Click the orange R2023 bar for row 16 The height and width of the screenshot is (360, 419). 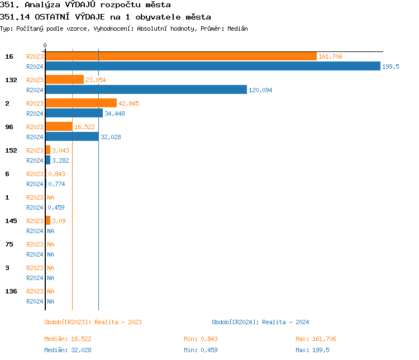pos(180,56)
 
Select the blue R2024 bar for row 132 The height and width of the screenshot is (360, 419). pos(146,89)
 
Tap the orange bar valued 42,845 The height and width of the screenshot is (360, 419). pos(81,103)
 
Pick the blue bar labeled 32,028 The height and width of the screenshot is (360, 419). pos(72,136)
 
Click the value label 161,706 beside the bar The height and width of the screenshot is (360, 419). pos(330,56)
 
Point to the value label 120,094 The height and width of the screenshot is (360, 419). pos(260,90)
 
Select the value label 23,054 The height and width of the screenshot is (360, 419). pos(96,80)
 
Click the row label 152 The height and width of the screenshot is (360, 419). pos(11,150)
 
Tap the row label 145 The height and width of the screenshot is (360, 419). pos(11,221)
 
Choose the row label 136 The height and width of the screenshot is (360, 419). pos(11,291)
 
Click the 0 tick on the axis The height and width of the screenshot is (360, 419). pos(45,45)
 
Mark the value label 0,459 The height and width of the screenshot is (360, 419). pos(56,207)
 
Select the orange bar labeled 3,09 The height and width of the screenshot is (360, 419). pos(48,220)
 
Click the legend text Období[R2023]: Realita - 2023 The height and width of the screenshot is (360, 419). pos(93,322)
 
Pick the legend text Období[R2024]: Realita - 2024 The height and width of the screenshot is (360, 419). pos(260,322)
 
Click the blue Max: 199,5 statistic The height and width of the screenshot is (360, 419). pos(312,350)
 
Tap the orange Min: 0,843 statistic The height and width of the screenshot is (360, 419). pos(201,339)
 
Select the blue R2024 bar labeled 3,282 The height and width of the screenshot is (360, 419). pos(48,160)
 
